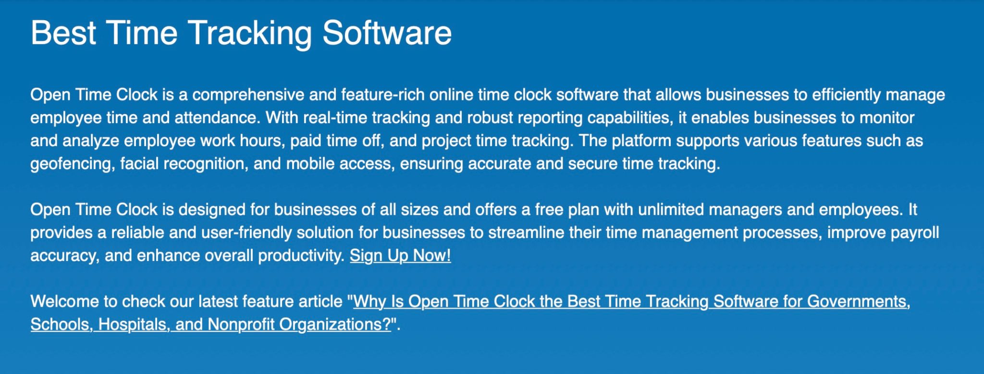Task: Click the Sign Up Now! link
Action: [400, 255]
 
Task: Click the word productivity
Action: [301, 256]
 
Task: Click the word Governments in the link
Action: [859, 302]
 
